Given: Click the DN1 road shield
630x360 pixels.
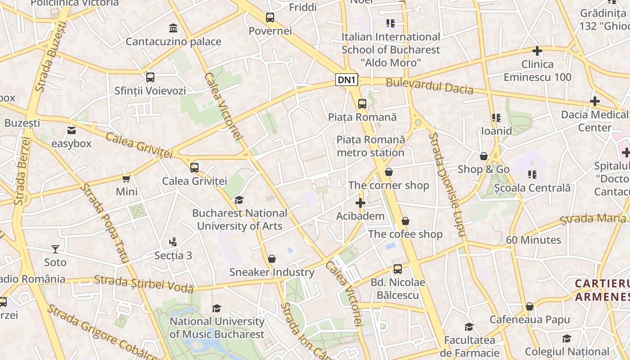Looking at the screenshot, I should pyautogui.click(x=347, y=81).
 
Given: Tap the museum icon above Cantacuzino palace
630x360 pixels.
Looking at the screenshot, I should pyautogui.click(x=173, y=28).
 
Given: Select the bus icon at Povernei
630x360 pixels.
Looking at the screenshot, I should pyautogui.click(x=270, y=18).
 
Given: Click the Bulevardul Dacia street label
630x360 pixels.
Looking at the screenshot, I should pyautogui.click(x=429, y=85).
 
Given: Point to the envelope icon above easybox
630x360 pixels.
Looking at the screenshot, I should pyautogui.click(x=71, y=130).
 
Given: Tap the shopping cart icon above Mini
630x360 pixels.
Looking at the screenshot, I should pyautogui.click(x=126, y=179).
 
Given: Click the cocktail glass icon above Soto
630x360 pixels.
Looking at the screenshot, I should pyautogui.click(x=55, y=249).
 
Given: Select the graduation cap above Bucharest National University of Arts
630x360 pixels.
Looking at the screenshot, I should pyautogui.click(x=239, y=200).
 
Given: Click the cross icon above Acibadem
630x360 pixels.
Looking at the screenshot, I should pyautogui.click(x=360, y=203).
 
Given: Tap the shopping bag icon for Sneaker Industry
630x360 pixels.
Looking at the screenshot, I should pyautogui.click(x=271, y=259).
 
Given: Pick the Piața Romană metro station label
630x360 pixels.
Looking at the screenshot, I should pyautogui.click(x=370, y=146).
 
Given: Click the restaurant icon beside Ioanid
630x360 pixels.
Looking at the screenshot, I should pyautogui.click(x=496, y=118).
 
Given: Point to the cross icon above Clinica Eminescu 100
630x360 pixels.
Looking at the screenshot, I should pyautogui.click(x=537, y=51).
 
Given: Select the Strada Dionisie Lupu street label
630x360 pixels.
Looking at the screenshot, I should pyautogui.click(x=446, y=184).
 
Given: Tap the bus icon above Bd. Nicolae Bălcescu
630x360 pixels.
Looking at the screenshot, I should pyautogui.click(x=397, y=269).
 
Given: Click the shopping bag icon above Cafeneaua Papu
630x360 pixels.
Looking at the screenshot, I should pyautogui.click(x=530, y=306).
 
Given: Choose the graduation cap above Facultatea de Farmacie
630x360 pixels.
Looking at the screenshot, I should pyautogui.click(x=469, y=327).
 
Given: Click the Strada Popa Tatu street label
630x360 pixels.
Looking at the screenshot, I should pyautogui.click(x=105, y=223).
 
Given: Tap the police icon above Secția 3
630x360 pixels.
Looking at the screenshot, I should pyautogui.click(x=173, y=242).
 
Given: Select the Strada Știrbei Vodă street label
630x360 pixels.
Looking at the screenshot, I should pyautogui.click(x=144, y=284).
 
